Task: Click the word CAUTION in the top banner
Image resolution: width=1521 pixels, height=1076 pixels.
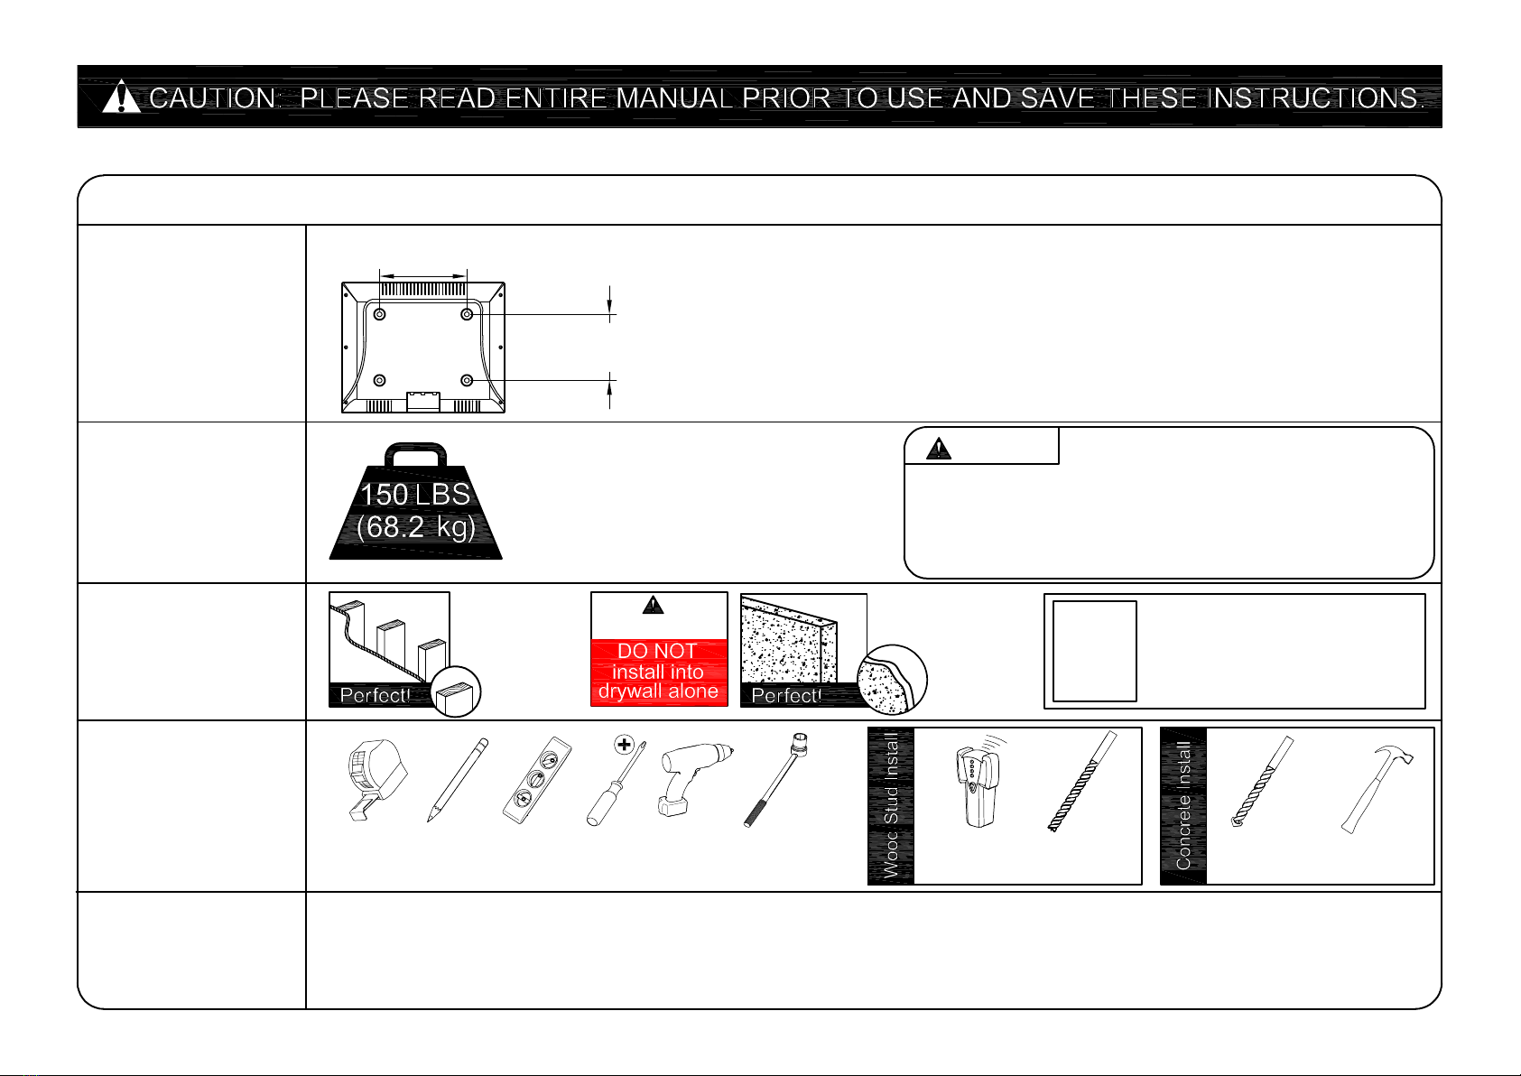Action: [214, 97]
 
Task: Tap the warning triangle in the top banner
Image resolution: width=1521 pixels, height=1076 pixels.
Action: [121, 97]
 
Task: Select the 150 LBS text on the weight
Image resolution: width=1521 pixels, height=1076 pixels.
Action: [415, 495]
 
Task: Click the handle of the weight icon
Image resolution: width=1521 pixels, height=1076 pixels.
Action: [415, 453]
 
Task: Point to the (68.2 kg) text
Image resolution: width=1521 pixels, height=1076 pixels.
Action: [415, 527]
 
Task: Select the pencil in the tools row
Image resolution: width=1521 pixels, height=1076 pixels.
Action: [458, 780]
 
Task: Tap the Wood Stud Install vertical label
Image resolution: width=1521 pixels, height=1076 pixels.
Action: [891, 806]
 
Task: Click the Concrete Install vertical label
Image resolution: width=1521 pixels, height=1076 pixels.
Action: [1183, 806]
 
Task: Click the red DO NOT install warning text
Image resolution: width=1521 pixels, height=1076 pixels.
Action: [658, 672]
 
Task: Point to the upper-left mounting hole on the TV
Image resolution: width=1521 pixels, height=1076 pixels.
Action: [379, 314]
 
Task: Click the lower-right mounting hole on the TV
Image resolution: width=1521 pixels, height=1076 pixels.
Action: [467, 381]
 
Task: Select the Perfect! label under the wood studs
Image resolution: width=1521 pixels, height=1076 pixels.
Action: [375, 695]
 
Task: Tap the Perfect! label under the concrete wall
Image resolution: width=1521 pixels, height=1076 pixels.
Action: [786, 695]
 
